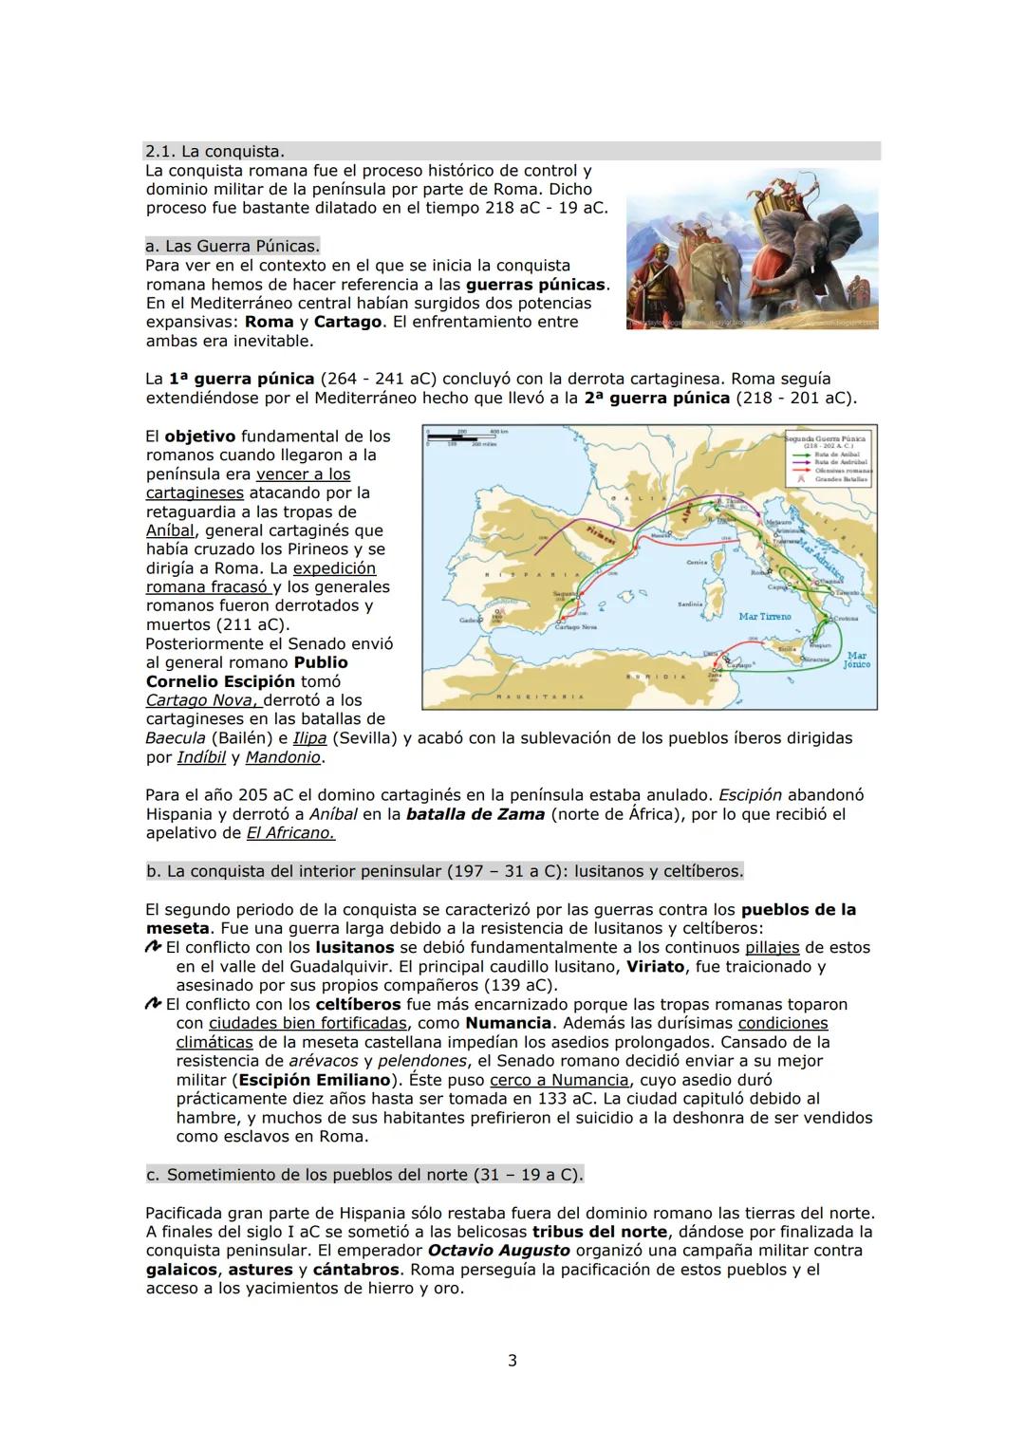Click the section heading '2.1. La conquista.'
(214, 152)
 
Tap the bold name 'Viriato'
(655, 967)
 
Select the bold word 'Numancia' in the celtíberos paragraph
(509, 1024)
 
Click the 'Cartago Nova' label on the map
(575, 627)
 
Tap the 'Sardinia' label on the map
(690, 604)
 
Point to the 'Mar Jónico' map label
(856, 660)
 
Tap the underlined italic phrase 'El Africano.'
(290, 834)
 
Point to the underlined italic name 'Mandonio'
(283, 758)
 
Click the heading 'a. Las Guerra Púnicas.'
(233, 247)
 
